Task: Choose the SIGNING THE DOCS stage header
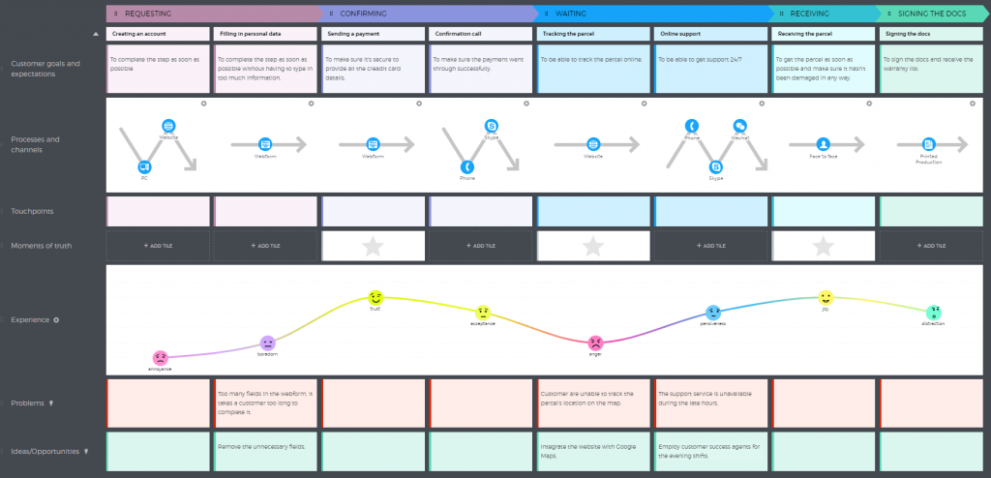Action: pyautogui.click(x=933, y=14)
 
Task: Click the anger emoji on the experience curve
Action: pyautogui.click(x=596, y=343)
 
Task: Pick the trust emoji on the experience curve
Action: pyautogui.click(x=375, y=298)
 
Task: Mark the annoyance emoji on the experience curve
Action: pyautogui.click(x=161, y=358)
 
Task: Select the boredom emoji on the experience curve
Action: pyautogui.click(x=268, y=343)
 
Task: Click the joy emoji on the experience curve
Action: pyautogui.click(x=825, y=298)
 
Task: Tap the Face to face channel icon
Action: pyautogui.click(x=823, y=144)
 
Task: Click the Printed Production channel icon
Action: pyautogui.click(x=928, y=144)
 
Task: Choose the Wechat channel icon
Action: pyautogui.click(x=740, y=126)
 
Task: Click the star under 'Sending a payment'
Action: pyautogui.click(x=373, y=247)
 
